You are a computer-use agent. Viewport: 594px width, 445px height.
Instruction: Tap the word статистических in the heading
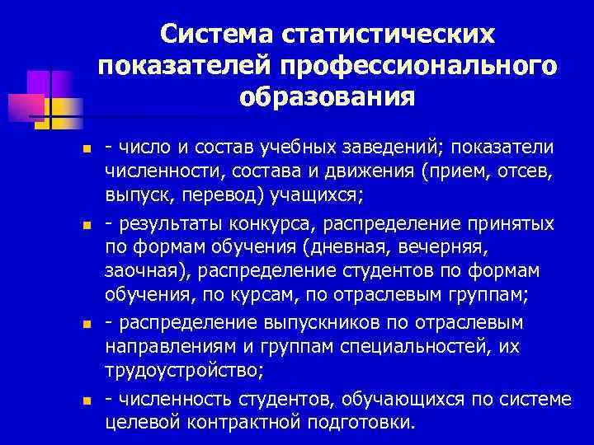pos(389,35)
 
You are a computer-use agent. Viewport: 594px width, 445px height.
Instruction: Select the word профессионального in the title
pos(419,66)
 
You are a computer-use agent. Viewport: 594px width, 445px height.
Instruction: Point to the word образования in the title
pos(328,97)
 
